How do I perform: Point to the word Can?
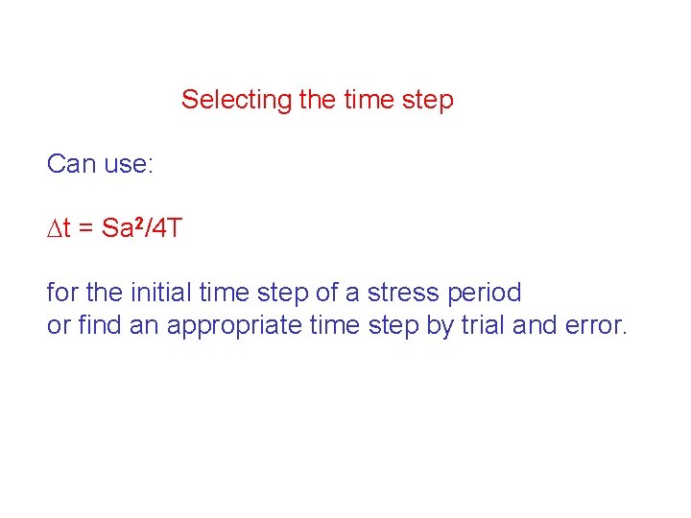[71, 164]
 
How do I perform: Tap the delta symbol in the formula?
[54, 228]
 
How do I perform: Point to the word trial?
[482, 325]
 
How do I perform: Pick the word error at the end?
[594, 326]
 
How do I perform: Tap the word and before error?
[534, 325]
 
